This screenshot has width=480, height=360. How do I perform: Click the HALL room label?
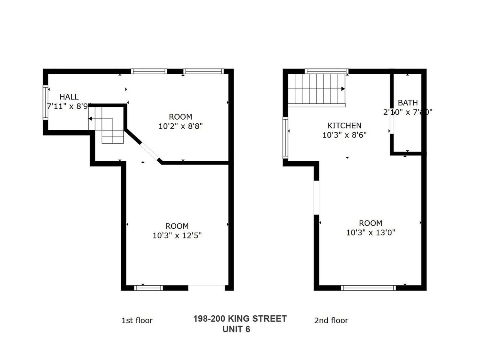click(69, 97)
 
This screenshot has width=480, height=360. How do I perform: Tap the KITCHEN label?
click(344, 126)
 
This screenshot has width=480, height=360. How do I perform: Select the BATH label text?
click(408, 103)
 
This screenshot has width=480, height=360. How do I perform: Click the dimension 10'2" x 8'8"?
click(180, 126)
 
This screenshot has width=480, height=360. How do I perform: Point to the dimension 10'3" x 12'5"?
click(177, 235)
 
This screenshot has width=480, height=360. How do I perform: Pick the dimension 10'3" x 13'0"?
click(370, 232)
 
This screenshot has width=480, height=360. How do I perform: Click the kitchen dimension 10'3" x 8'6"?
click(344, 135)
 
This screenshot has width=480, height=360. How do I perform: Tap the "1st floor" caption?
click(137, 321)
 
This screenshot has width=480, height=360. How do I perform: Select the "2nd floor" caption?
click(331, 321)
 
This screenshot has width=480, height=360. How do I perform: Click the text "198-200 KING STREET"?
click(240, 319)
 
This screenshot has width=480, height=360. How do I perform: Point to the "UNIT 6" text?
click(236, 329)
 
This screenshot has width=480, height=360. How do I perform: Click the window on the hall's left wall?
click(46, 102)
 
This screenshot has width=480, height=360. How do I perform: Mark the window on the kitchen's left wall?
click(285, 137)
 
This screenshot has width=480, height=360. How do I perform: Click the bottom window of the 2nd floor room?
click(368, 288)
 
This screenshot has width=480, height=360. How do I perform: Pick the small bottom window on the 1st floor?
click(148, 288)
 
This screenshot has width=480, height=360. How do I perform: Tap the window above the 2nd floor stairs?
click(327, 71)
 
